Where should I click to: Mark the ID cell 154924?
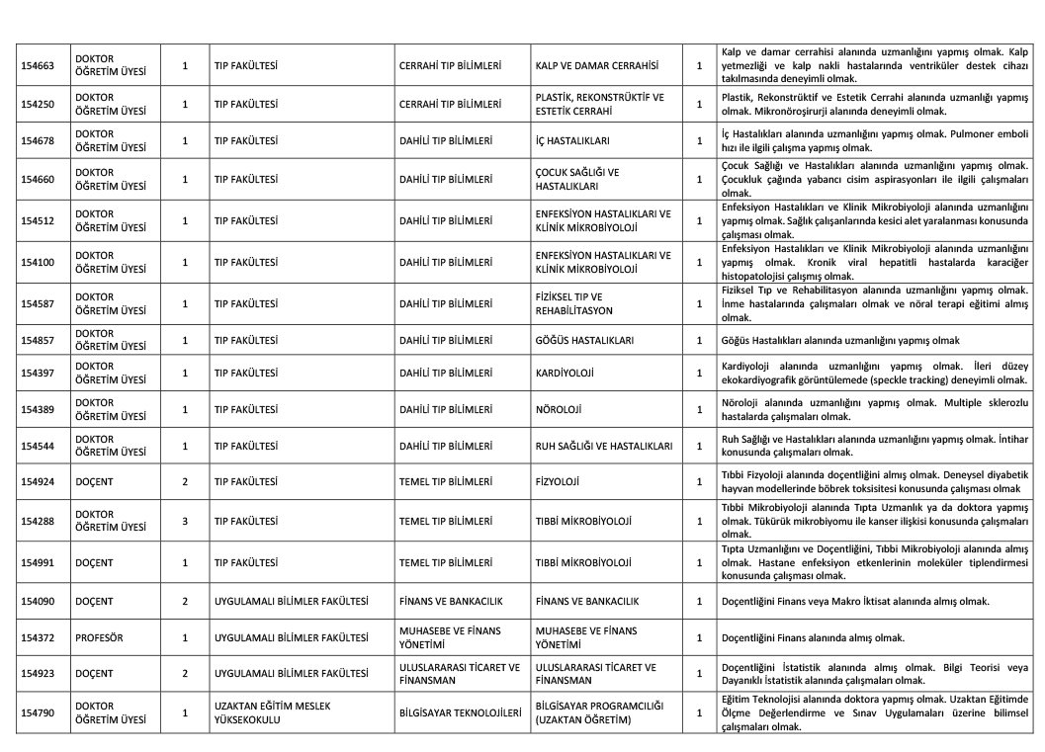coord(39,482)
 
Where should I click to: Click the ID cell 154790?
coord(39,711)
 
